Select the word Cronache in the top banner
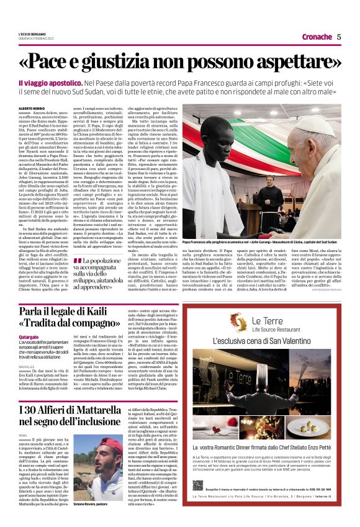point(317,37)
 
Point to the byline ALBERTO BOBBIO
point(29,108)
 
